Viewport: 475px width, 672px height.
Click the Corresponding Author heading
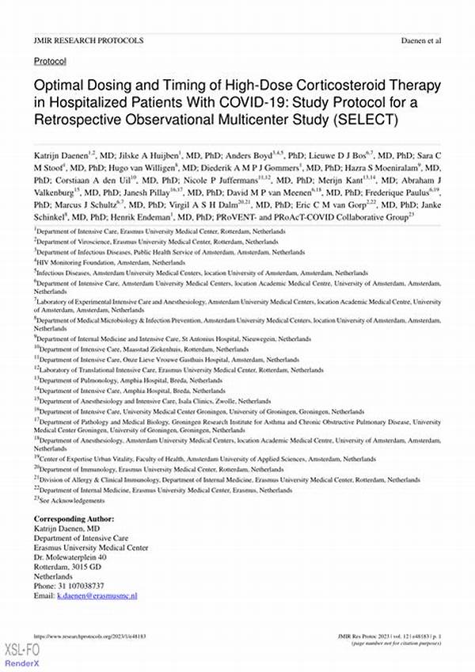coord(74,518)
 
